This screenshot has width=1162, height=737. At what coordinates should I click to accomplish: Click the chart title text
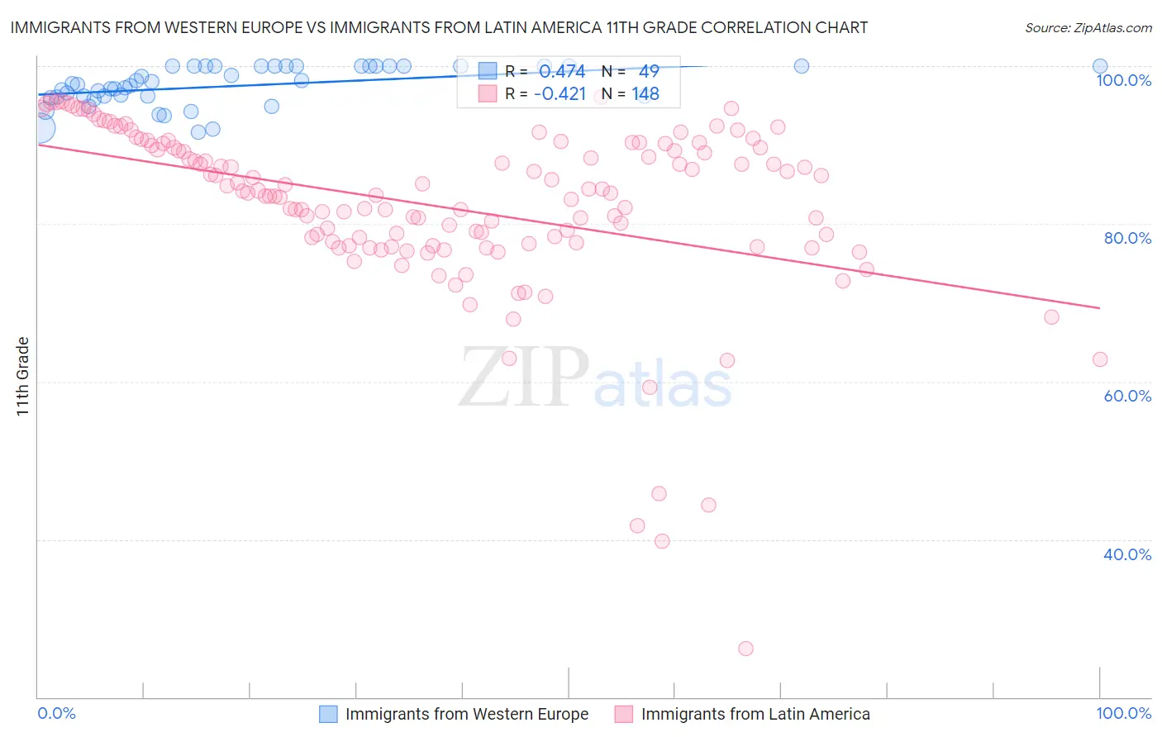coord(438,27)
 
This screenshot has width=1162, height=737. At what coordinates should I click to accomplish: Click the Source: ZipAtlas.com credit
coord(1088,27)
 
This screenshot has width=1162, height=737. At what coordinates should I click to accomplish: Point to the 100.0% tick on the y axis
coord(1123,80)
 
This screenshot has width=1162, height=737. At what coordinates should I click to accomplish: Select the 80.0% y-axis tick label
coord(1126,238)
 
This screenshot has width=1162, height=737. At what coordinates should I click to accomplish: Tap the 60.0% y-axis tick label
coord(1126,396)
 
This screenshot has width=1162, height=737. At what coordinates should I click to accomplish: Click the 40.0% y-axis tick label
coord(1126,554)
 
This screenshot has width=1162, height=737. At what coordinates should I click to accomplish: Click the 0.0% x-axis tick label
coord(57,713)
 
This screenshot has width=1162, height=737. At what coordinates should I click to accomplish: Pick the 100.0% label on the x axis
coord(1123,713)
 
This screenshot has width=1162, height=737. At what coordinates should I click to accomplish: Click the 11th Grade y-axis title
coord(23,376)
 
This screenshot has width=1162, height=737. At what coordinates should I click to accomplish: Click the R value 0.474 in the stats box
coord(562,72)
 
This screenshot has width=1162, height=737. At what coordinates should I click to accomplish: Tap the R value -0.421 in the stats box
coord(560,93)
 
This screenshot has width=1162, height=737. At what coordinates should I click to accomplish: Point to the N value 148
coord(645,93)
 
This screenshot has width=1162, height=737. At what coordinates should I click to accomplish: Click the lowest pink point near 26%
coord(745,649)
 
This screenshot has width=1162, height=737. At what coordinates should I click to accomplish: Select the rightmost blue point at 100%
coord(1100,66)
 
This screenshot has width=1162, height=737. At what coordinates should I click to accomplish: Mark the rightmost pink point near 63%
coord(1100,359)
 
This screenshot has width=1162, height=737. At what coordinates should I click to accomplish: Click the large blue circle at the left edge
coord(39,128)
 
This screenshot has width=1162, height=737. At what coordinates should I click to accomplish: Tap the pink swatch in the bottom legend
coord(623,714)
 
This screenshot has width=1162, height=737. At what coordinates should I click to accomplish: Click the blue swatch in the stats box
coord(488,72)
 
